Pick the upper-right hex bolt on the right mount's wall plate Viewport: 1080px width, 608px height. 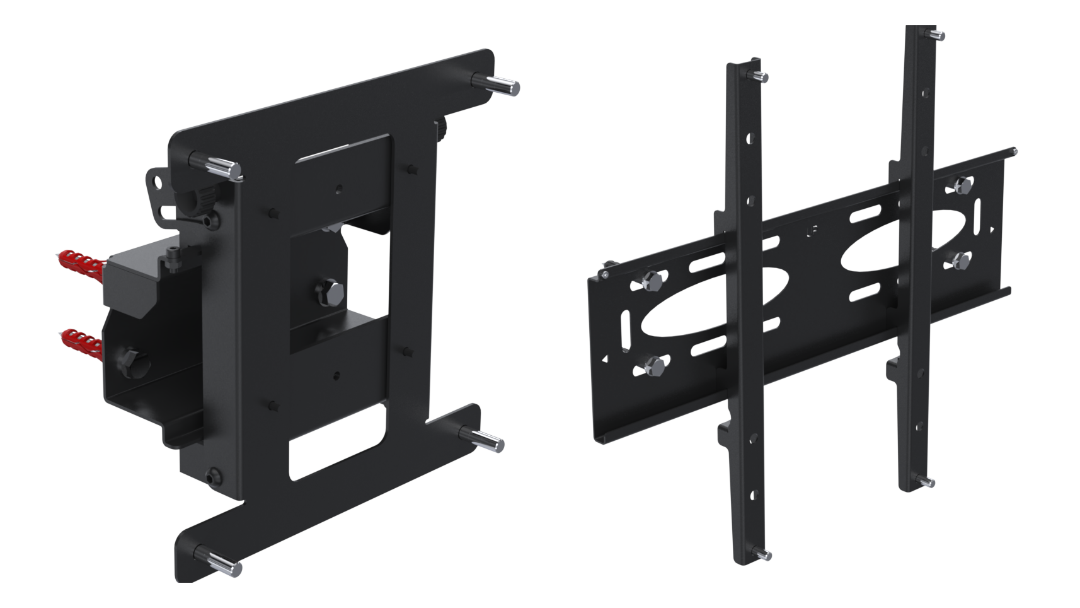tap(962, 185)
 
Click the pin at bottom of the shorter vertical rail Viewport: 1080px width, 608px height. tap(763, 554)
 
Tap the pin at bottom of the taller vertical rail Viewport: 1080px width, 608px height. tap(928, 482)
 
